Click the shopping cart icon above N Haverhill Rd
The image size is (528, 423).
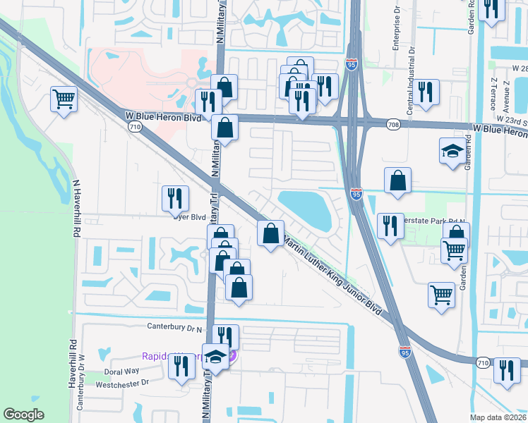click(64, 99)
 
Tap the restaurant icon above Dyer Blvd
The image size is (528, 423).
click(174, 198)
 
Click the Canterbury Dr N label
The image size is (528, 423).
click(174, 326)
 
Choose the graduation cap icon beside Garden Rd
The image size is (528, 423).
click(452, 151)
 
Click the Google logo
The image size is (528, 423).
click(23, 414)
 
